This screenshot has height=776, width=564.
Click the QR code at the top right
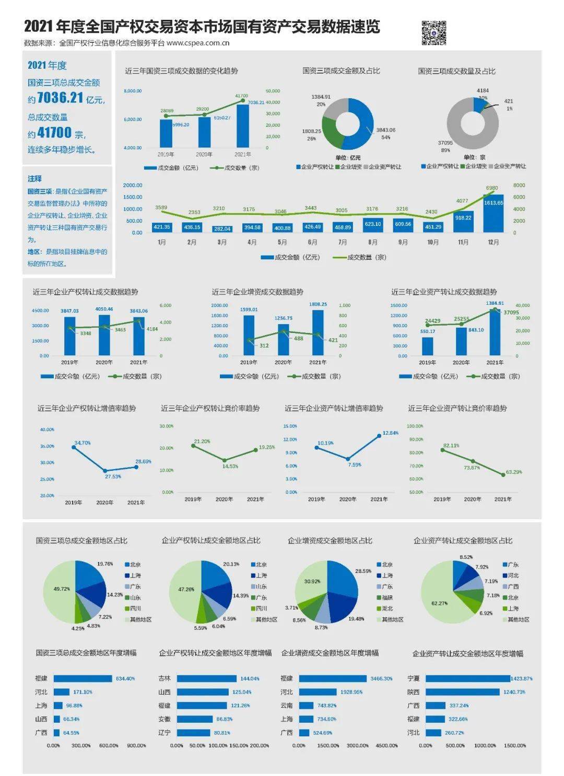[433, 33]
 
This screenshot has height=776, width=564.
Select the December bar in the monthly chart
[494, 213]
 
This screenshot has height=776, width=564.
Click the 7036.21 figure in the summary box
[61, 98]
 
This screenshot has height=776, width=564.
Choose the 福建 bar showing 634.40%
[83, 678]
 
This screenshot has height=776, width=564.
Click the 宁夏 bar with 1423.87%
[468, 678]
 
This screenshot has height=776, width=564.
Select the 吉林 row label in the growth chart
[164, 678]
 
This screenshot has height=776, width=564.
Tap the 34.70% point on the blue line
[74, 447]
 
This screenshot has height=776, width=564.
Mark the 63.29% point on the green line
[503, 475]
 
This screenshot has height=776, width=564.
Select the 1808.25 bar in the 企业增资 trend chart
[318, 333]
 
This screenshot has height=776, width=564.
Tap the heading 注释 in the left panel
[34, 178]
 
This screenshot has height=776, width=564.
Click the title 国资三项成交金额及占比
[341, 71]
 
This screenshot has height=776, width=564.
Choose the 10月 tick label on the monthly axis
[433, 243]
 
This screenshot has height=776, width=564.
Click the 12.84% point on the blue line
[379, 436]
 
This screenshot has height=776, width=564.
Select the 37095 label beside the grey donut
[445, 142]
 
